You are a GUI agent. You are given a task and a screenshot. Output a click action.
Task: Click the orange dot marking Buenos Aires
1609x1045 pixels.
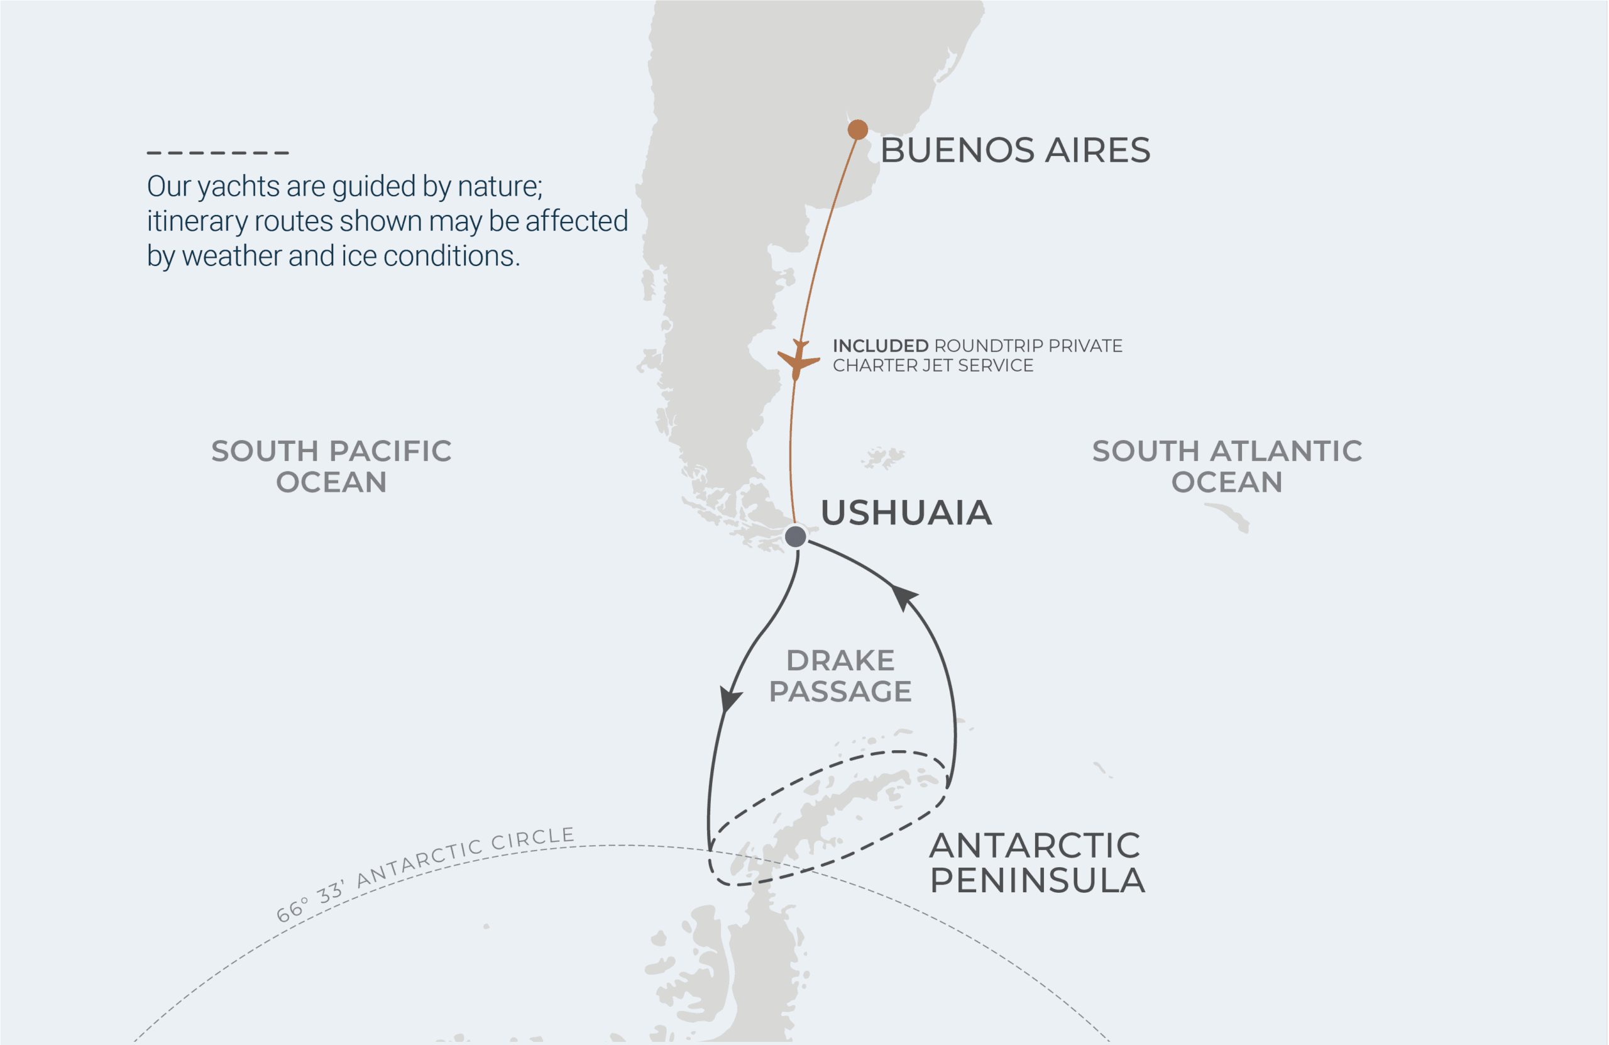point(857,129)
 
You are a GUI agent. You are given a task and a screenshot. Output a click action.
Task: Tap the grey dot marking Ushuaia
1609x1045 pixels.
point(795,536)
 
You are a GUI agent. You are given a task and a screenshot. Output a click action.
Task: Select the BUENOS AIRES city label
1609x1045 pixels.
point(1015,150)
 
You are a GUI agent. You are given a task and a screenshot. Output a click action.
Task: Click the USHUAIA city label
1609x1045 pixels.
point(906,512)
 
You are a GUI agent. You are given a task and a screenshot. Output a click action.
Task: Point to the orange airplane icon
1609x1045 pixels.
point(798,359)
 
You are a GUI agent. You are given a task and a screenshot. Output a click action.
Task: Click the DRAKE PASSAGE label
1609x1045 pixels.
point(840,676)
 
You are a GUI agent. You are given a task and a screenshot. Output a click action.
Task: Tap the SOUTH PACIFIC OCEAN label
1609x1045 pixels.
point(331,466)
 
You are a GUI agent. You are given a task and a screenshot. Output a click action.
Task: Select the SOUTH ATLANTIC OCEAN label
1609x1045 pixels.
point(1226,466)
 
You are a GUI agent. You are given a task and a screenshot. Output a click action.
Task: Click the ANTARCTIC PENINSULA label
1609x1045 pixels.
point(1036,863)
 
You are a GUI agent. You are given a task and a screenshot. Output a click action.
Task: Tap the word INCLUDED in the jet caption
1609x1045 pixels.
point(880,346)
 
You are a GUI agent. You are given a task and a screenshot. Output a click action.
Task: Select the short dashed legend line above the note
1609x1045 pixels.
point(217,153)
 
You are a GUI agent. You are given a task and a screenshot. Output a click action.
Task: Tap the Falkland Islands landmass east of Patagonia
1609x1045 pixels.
point(882,458)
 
